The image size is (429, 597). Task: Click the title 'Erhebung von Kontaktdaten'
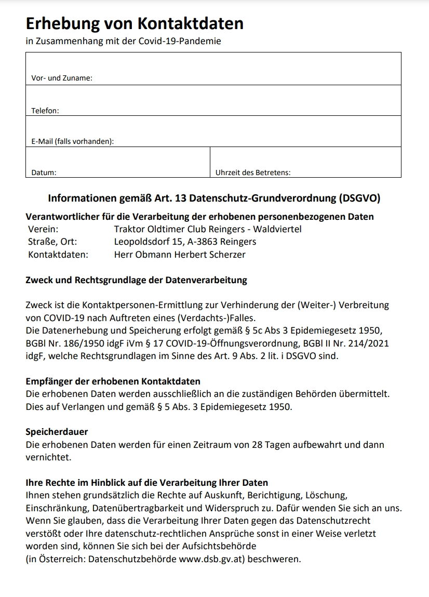coord(135,23)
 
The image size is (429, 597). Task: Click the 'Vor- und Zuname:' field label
coord(61,78)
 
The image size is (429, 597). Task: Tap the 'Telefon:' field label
coord(45,110)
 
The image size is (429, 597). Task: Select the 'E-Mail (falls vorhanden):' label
coord(72,141)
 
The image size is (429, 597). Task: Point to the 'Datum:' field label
coord(44,172)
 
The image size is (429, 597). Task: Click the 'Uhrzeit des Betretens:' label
coord(253,172)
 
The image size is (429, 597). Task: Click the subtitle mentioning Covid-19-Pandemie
coord(123,41)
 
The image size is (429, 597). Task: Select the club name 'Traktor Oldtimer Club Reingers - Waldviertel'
coord(207,229)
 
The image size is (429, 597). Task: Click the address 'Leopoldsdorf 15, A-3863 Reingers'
coord(185,242)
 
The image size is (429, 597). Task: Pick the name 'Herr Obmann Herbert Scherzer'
coord(180,255)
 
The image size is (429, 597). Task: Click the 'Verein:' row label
coord(43,229)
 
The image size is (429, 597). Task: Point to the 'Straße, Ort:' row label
coord(52,242)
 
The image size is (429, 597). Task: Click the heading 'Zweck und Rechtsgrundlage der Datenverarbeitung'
coord(136,280)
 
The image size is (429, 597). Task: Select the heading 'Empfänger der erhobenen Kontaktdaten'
coord(113,381)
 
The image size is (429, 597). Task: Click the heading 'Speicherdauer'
coord(57,432)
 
